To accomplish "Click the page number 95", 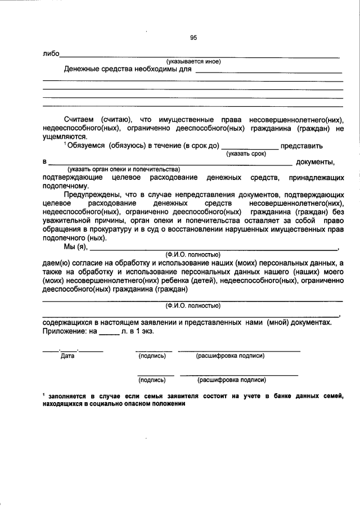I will [x=193, y=38].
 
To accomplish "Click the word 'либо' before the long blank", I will [x=51, y=55].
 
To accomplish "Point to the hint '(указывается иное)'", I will [x=193, y=61].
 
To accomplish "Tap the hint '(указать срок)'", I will [x=246, y=154].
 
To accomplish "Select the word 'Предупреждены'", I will [x=92, y=194].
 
